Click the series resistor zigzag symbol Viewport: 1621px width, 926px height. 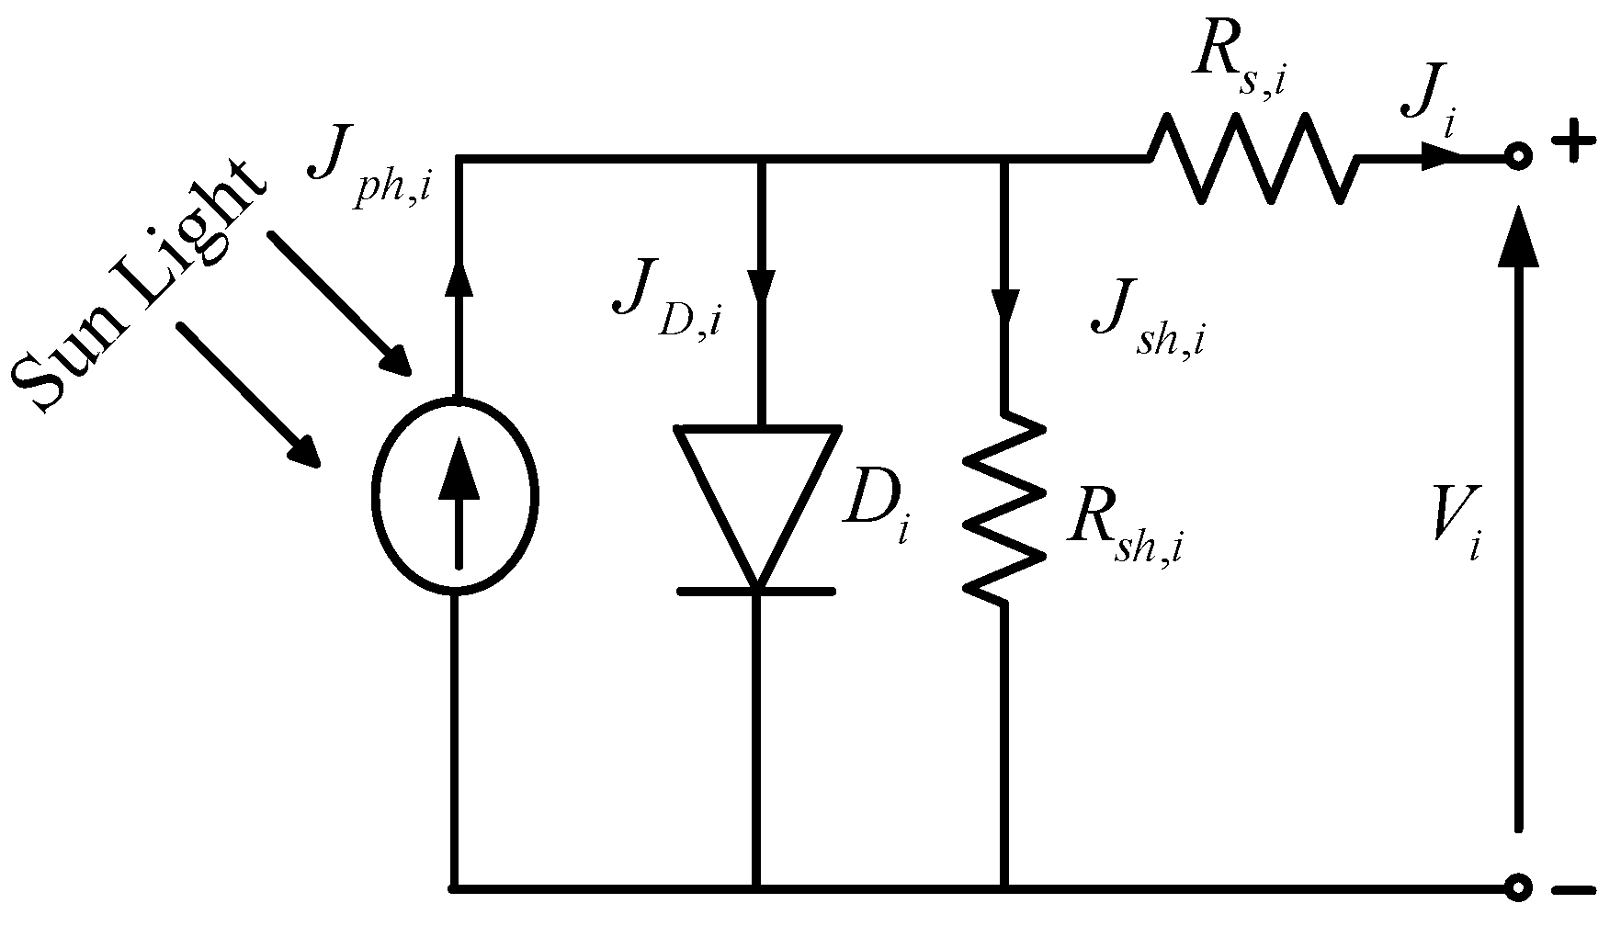(x=1252, y=158)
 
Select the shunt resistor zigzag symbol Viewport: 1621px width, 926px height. (x=1004, y=508)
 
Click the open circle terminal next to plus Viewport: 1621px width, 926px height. (x=1518, y=158)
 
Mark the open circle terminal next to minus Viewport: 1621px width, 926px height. (x=1518, y=887)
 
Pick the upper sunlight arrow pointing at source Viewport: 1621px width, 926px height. (x=340, y=304)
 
